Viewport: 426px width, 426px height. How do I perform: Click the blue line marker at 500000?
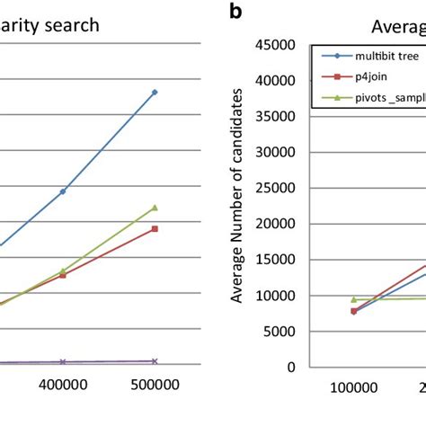pyautogui.click(x=155, y=92)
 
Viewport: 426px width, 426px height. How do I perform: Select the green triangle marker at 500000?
pyautogui.click(x=155, y=208)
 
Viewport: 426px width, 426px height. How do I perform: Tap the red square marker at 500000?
pyautogui.click(x=155, y=229)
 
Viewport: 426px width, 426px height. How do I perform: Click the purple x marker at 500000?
pyautogui.click(x=155, y=360)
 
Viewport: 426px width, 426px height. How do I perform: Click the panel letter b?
pyautogui.click(x=235, y=12)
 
